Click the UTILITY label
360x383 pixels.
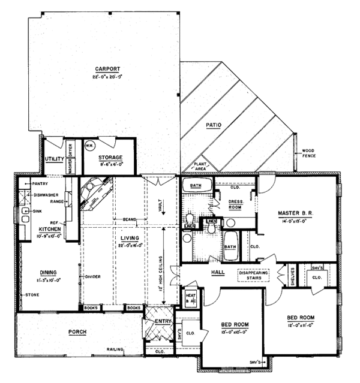[x=55, y=159]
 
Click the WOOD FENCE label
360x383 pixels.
[x=310, y=153]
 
